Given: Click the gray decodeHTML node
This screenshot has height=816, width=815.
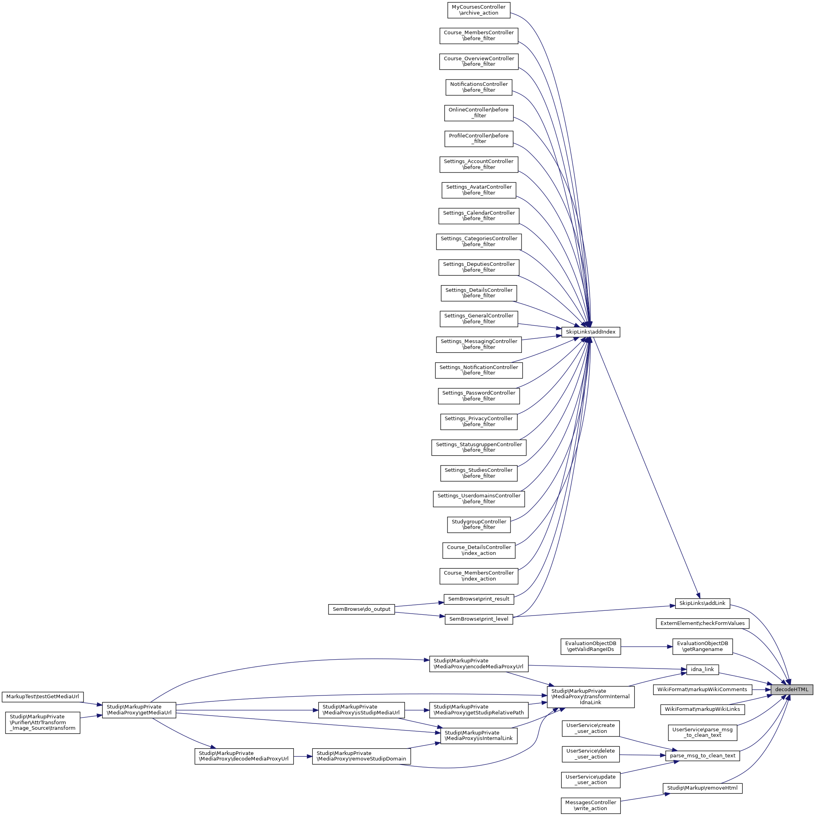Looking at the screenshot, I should click(x=791, y=689).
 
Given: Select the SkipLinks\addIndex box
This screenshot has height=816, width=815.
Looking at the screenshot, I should click(x=590, y=332).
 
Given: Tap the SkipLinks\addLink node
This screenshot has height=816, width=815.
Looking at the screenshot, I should click(x=702, y=603).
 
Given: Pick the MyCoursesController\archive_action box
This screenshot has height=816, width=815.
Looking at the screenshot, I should click(x=479, y=10).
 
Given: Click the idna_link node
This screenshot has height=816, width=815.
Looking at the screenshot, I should click(x=702, y=669).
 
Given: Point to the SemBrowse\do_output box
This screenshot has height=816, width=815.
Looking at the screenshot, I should click(x=361, y=609).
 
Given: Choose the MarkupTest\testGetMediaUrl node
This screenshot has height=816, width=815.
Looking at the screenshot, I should click(x=43, y=696).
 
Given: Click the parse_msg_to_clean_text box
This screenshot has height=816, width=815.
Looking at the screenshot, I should click(x=702, y=756).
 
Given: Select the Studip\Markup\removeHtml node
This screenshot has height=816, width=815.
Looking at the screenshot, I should click(x=702, y=788).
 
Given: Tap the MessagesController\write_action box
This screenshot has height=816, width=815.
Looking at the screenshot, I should click(x=590, y=805).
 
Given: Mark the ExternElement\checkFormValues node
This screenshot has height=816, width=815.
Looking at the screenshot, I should click(x=702, y=623).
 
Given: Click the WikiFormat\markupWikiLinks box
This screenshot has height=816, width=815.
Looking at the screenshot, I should click(x=702, y=709).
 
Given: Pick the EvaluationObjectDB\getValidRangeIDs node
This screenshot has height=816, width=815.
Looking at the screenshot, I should click(x=590, y=646).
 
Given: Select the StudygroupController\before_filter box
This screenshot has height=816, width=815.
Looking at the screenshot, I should click(x=479, y=525).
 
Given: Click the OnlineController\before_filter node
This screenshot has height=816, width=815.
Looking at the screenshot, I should click(x=479, y=113).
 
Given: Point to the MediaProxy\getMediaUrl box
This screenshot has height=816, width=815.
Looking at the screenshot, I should click(x=139, y=710).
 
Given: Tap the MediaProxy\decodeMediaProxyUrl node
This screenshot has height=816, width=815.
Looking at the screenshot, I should click(x=244, y=756).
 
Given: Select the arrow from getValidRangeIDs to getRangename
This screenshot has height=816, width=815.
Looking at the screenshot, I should click(x=646, y=646).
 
